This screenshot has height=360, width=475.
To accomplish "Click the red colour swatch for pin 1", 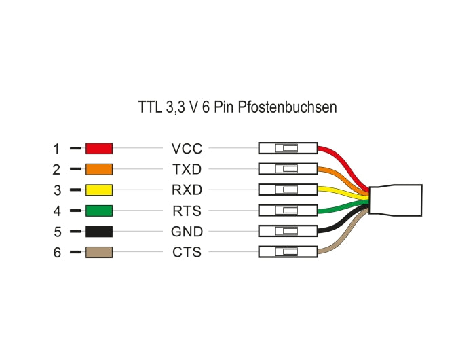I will pyautogui.click(x=98, y=148).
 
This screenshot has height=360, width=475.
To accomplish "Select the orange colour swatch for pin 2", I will pyautogui.click(x=98, y=169).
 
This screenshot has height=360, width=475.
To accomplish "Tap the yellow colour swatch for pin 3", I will pyautogui.click(x=98, y=190).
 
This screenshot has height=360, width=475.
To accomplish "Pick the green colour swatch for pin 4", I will pyautogui.click(x=98, y=211).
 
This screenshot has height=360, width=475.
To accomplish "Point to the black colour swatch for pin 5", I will pyautogui.click(x=98, y=232).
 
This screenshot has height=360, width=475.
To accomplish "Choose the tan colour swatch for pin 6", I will pyautogui.click(x=98, y=253).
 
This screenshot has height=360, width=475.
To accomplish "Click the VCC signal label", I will pyautogui.click(x=187, y=148).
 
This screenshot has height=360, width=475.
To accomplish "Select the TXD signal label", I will pyautogui.click(x=187, y=169).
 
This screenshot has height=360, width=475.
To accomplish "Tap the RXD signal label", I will pyautogui.click(x=187, y=190).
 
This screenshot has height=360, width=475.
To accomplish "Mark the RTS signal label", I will pyautogui.click(x=187, y=211).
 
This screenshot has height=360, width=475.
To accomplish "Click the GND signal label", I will pyautogui.click(x=187, y=232).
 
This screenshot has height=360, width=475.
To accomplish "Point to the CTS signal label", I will pyautogui.click(x=187, y=253).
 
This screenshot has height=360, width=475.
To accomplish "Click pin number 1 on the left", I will pyautogui.click(x=56, y=148).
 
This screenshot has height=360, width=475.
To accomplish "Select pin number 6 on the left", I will pyautogui.click(x=56, y=253).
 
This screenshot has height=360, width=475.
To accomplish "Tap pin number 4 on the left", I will pyautogui.click(x=56, y=211).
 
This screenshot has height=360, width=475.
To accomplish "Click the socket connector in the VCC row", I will pyautogui.click(x=288, y=148).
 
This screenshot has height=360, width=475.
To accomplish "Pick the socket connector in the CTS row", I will pyautogui.click(x=288, y=253).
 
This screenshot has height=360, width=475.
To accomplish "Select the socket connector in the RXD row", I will pyautogui.click(x=288, y=190).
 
